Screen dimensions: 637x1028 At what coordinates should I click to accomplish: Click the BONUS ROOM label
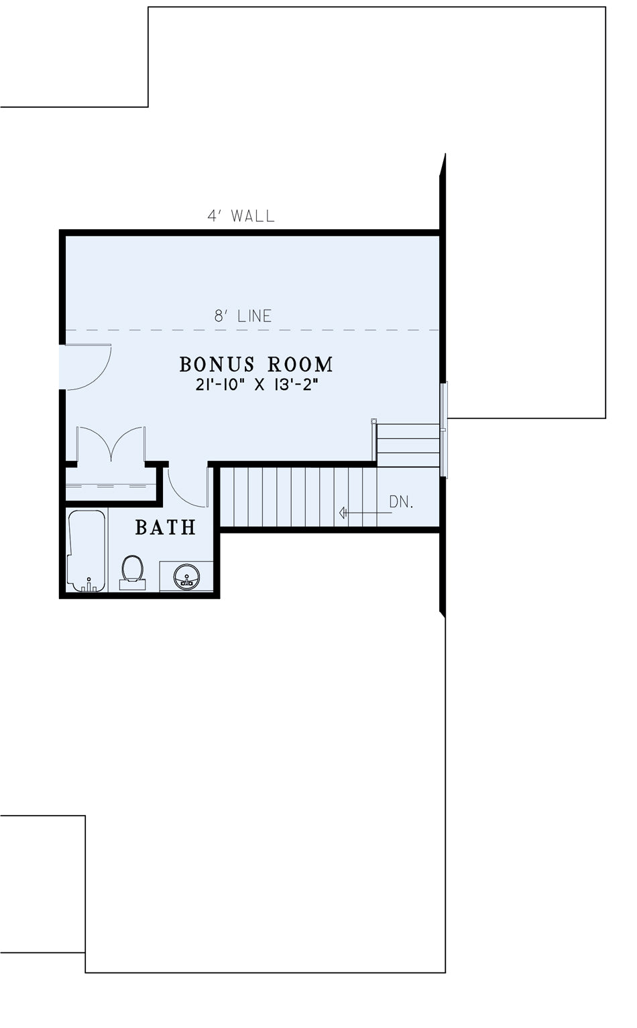click(x=256, y=365)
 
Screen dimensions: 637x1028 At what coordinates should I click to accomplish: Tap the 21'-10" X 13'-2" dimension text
click(x=257, y=385)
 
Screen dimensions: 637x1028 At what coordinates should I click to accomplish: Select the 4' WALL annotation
click(x=241, y=216)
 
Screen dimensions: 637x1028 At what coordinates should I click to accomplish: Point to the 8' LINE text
click(x=243, y=316)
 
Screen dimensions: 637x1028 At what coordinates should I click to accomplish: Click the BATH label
click(x=166, y=527)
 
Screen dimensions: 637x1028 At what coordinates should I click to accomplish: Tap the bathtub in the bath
click(x=86, y=550)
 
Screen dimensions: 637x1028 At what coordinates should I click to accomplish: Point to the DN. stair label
click(x=402, y=502)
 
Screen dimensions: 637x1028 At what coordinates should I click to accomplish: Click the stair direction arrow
click(x=365, y=513)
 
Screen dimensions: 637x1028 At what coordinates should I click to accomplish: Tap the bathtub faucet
click(x=89, y=584)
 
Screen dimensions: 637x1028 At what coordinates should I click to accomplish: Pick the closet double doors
click(x=111, y=444)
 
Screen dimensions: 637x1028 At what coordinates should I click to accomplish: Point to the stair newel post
click(x=374, y=421)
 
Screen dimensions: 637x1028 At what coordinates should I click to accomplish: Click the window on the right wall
click(x=444, y=430)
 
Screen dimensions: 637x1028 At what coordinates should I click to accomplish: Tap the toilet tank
click(x=132, y=584)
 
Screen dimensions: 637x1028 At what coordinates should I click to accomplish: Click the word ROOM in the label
click(x=300, y=365)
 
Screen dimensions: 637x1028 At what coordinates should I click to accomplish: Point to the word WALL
click(x=253, y=216)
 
